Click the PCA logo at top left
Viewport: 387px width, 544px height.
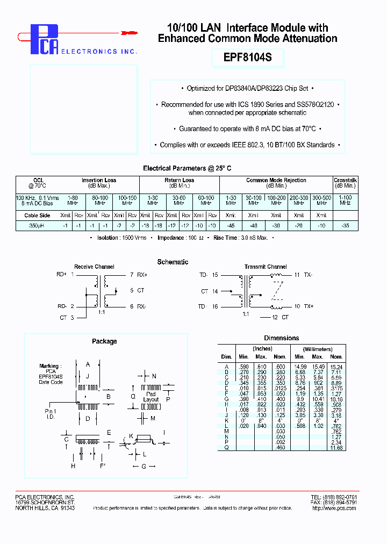pyautogui.click(x=43, y=40)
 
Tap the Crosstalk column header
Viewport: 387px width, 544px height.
pyautogui.click(x=345, y=181)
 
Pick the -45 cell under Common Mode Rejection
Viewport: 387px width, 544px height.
pyautogui.click(x=231, y=226)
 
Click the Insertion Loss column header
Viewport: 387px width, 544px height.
pyautogui.click(x=99, y=181)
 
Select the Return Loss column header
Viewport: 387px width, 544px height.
pyautogui.click(x=179, y=181)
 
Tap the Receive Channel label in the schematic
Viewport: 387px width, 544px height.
pyautogui.click(x=94, y=267)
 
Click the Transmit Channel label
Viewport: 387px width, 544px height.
pyautogui.click(x=265, y=267)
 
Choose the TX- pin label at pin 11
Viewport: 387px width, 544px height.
pyautogui.click(x=308, y=275)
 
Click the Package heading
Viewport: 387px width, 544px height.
pyautogui.click(x=104, y=341)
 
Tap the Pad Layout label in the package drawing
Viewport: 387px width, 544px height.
pyautogui.click(x=151, y=397)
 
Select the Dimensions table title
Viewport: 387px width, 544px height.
pyautogui.click(x=281, y=338)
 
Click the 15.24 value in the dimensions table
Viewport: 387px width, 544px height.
pyautogui.click(x=336, y=367)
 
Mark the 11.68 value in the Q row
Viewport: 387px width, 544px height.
pyautogui.click(x=336, y=447)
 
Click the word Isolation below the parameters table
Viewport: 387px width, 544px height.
pyautogui.click(x=109, y=238)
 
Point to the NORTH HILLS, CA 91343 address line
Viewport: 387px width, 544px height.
pyautogui.click(x=45, y=508)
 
